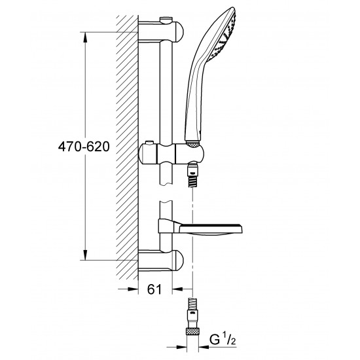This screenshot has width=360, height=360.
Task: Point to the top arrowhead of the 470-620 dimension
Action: (86, 34)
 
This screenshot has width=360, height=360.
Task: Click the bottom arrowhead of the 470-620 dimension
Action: (86, 256)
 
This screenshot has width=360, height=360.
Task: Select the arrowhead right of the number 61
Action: (177, 288)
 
